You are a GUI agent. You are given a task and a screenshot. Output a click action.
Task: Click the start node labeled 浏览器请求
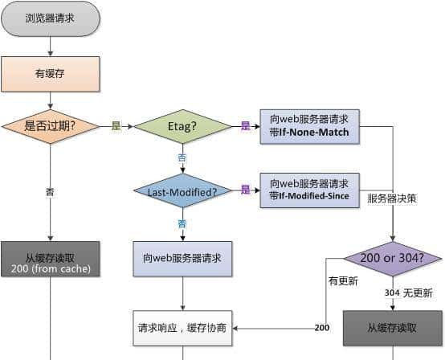pyautogui.click(x=51, y=17)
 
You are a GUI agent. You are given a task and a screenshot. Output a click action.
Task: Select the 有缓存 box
pyautogui.click(x=51, y=74)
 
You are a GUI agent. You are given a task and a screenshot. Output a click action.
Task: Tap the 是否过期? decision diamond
pyautogui.click(x=51, y=126)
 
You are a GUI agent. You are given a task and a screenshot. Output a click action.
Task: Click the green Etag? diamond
pyautogui.click(x=182, y=126)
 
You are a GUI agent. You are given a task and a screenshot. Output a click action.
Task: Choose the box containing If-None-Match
pyautogui.click(x=310, y=126)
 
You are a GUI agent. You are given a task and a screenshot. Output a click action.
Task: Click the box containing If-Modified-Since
pyautogui.click(x=310, y=190)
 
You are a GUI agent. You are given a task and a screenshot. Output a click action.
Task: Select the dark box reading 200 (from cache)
pyautogui.click(x=51, y=259)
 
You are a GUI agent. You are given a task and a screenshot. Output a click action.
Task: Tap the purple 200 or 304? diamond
pyautogui.click(x=393, y=259)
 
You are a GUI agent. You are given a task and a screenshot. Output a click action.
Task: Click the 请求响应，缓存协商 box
pyautogui.click(x=182, y=328)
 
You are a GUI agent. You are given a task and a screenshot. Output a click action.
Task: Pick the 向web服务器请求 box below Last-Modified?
pyautogui.click(x=182, y=259)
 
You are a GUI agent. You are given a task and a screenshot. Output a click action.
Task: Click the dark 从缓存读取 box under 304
pyautogui.click(x=393, y=328)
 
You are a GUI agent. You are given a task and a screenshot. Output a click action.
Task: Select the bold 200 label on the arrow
pyautogui.click(x=321, y=328)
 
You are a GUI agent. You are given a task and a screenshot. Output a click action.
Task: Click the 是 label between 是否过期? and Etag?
pyautogui.click(x=116, y=126)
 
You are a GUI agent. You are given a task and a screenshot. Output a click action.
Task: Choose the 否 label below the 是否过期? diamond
pyautogui.click(x=51, y=192)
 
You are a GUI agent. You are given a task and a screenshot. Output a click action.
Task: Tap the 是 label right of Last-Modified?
pyautogui.click(x=246, y=190)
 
